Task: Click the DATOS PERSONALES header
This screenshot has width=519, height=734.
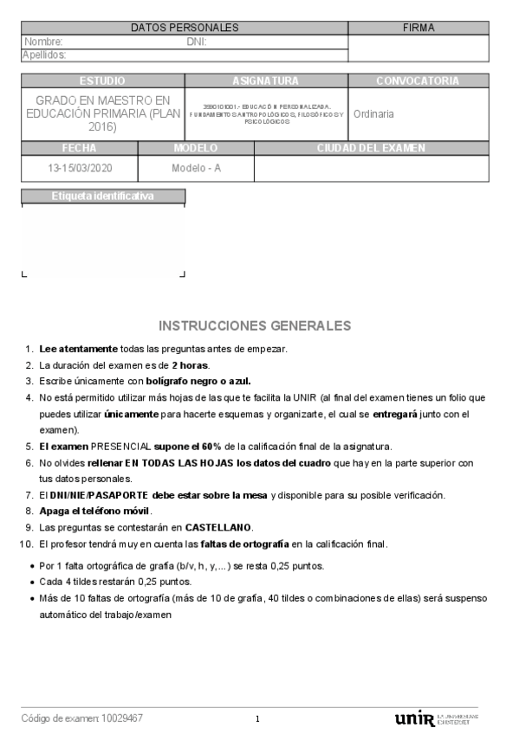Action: pyautogui.click(x=185, y=28)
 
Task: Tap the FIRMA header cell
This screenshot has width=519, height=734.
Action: pyautogui.click(x=418, y=28)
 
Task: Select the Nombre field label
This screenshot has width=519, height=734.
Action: pyautogui.click(x=43, y=42)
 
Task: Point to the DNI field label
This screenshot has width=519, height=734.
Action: pyautogui.click(x=196, y=42)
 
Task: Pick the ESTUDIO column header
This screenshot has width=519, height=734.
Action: pyautogui.click(x=101, y=80)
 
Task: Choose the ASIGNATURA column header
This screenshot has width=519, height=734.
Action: pyautogui.click(x=265, y=80)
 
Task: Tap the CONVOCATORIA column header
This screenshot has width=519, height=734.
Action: pyautogui.click(x=418, y=80)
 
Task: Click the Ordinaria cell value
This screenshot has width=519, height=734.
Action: pyautogui.click(x=373, y=113)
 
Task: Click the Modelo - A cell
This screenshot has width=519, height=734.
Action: pyautogui.click(x=196, y=168)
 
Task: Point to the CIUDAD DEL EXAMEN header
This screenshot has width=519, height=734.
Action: pyautogui.click(x=371, y=148)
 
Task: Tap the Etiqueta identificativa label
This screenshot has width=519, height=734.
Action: pyautogui.click(x=103, y=196)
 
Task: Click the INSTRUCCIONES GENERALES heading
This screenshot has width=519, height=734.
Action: pyautogui.click(x=255, y=325)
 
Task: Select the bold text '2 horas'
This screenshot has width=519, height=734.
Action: pyautogui.click(x=190, y=364)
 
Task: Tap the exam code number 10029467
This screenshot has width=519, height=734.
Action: pyautogui.click(x=122, y=718)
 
